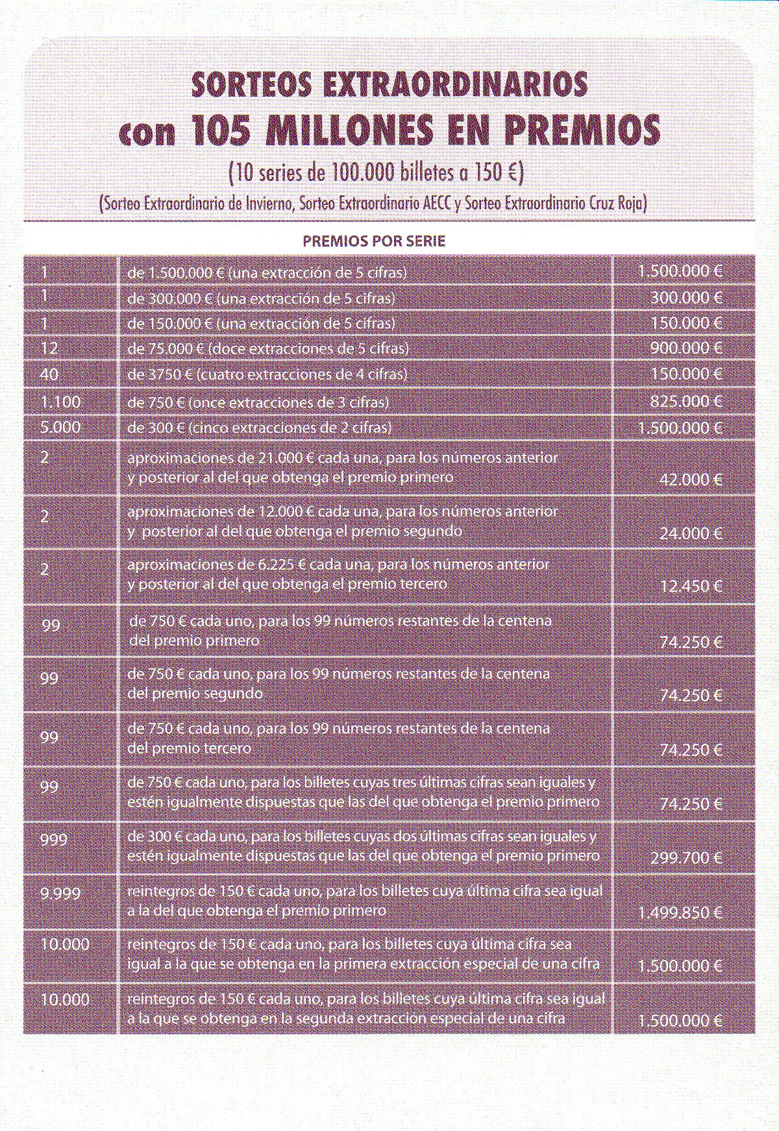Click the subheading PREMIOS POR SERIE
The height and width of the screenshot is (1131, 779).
(374, 241)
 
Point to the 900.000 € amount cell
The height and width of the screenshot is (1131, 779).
(686, 348)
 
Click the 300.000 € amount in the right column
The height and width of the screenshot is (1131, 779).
(686, 298)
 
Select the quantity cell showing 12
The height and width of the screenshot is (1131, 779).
(49, 348)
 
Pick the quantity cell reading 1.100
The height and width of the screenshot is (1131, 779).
(60, 402)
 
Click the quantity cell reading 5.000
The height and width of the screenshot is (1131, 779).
(60, 428)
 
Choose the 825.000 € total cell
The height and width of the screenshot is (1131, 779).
(686, 402)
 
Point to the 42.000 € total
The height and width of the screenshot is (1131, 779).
(690, 480)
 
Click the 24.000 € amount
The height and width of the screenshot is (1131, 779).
(690, 534)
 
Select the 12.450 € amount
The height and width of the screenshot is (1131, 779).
(690, 587)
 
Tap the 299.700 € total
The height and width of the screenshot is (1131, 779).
(686, 857)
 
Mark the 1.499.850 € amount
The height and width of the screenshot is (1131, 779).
(681, 912)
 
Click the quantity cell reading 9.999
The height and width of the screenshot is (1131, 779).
(60, 893)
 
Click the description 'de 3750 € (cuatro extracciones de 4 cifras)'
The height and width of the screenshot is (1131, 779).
(267, 374)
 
